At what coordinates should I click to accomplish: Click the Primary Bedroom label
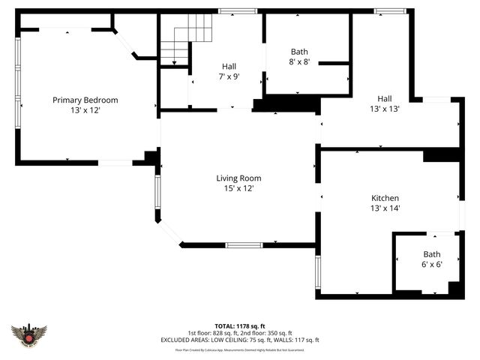point(85,100)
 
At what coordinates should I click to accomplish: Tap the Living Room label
point(238,178)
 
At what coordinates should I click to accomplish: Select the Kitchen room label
point(385,198)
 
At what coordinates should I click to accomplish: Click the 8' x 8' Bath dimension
point(300,63)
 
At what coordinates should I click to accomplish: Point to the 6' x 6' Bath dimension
point(432,265)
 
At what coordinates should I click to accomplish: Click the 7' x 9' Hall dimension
point(229,76)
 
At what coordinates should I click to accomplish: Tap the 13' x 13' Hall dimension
point(384,109)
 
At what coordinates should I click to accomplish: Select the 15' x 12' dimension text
point(238,188)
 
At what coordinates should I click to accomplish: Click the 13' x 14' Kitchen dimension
point(385,208)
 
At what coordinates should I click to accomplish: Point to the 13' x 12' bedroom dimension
point(85,110)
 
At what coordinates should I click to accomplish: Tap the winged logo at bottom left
point(29,334)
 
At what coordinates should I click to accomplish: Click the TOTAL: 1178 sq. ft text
point(240,326)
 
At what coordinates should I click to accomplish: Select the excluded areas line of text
point(240,340)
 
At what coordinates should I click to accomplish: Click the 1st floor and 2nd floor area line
point(240,333)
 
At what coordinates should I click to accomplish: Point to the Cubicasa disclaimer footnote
point(240,349)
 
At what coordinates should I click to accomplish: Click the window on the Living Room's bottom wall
point(244,244)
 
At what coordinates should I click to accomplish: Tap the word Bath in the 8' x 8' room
point(299,52)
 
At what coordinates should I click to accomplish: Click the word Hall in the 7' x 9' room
point(229,66)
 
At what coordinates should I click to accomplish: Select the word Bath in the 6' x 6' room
point(432,254)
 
